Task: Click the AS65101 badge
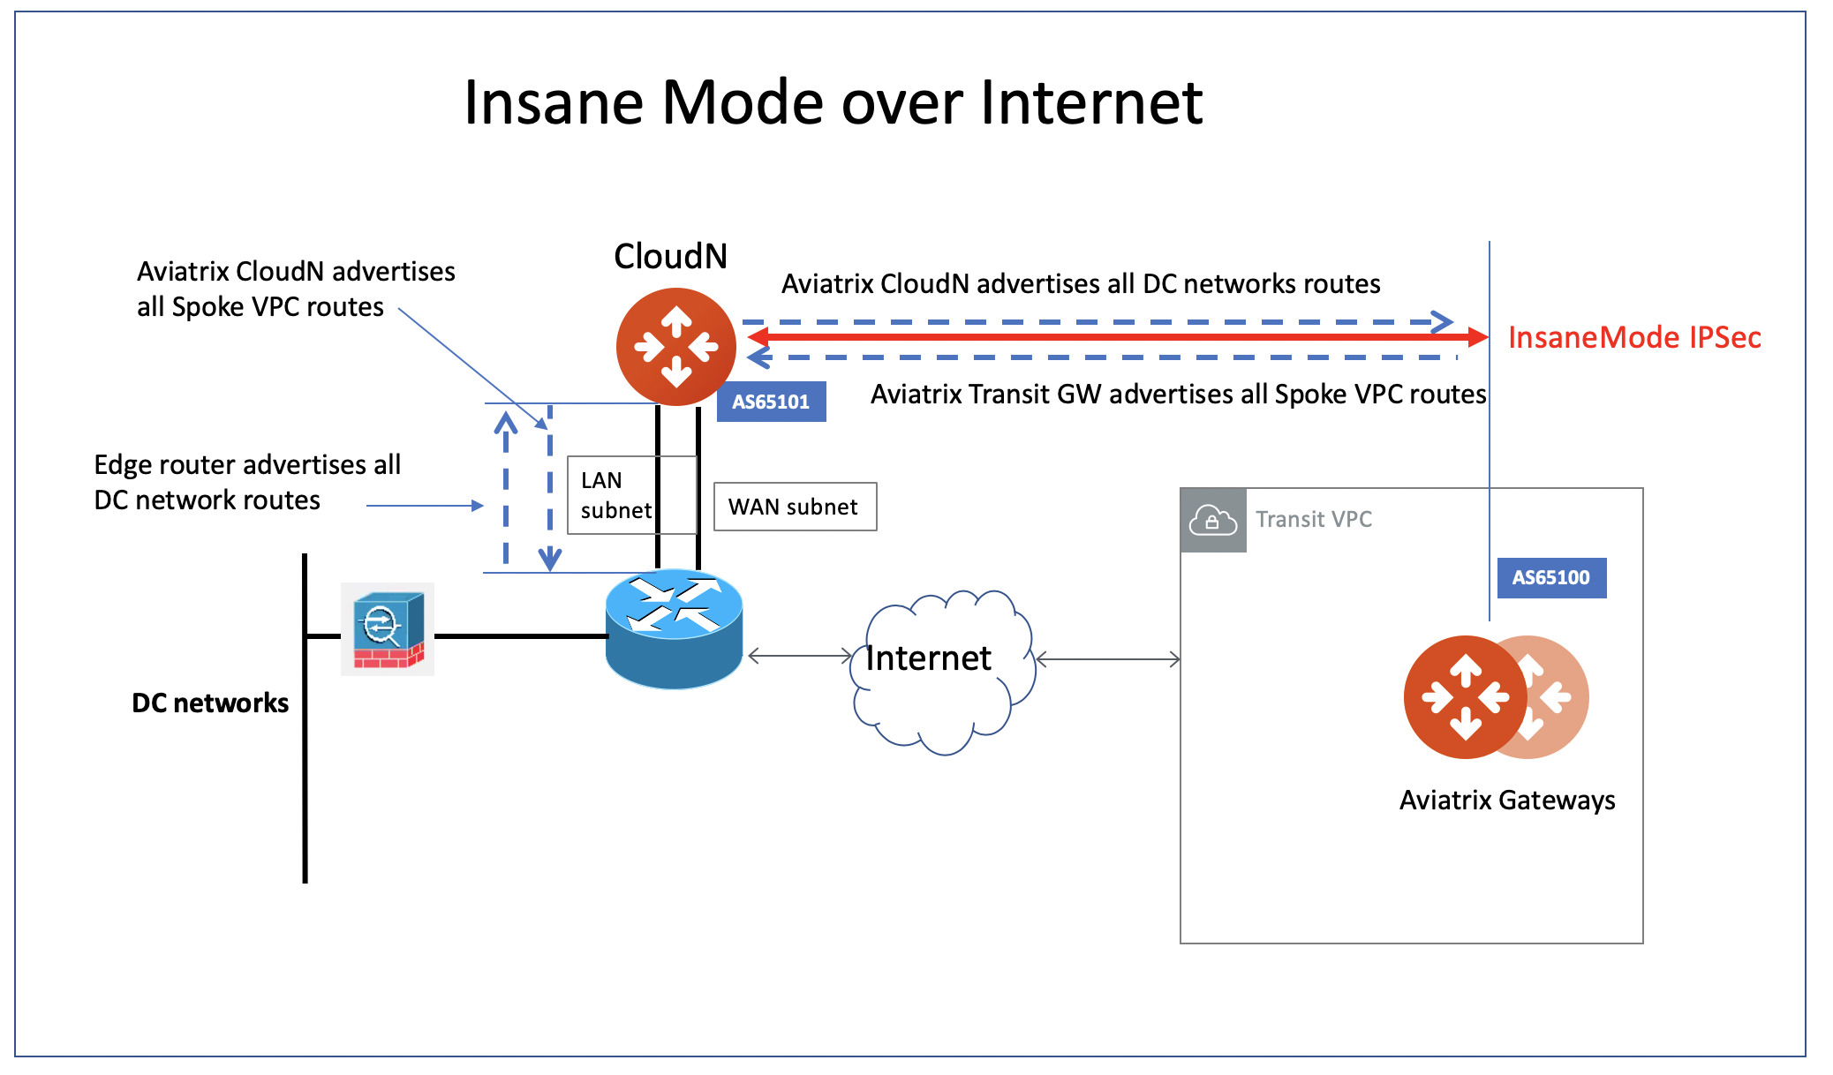[x=770, y=402]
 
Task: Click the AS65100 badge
[x=1550, y=578]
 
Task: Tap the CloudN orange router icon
[x=675, y=347]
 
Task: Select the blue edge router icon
[x=674, y=628]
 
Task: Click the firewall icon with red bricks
[x=388, y=629]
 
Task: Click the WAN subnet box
[x=794, y=507]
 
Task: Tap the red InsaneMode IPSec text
[x=1633, y=337]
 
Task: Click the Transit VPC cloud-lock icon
[x=1213, y=521]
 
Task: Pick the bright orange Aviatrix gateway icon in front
[x=1463, y=697]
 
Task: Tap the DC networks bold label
[x=210, y=703]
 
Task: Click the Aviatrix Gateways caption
[x=1506, y=800]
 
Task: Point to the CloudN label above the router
[x=670, y=256]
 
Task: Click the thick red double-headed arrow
[x=1117, y=336]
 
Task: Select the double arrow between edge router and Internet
[x=799, y=656]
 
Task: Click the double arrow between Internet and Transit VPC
[x=1107, y=659]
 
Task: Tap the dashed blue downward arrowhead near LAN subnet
[x=550, y=559]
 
